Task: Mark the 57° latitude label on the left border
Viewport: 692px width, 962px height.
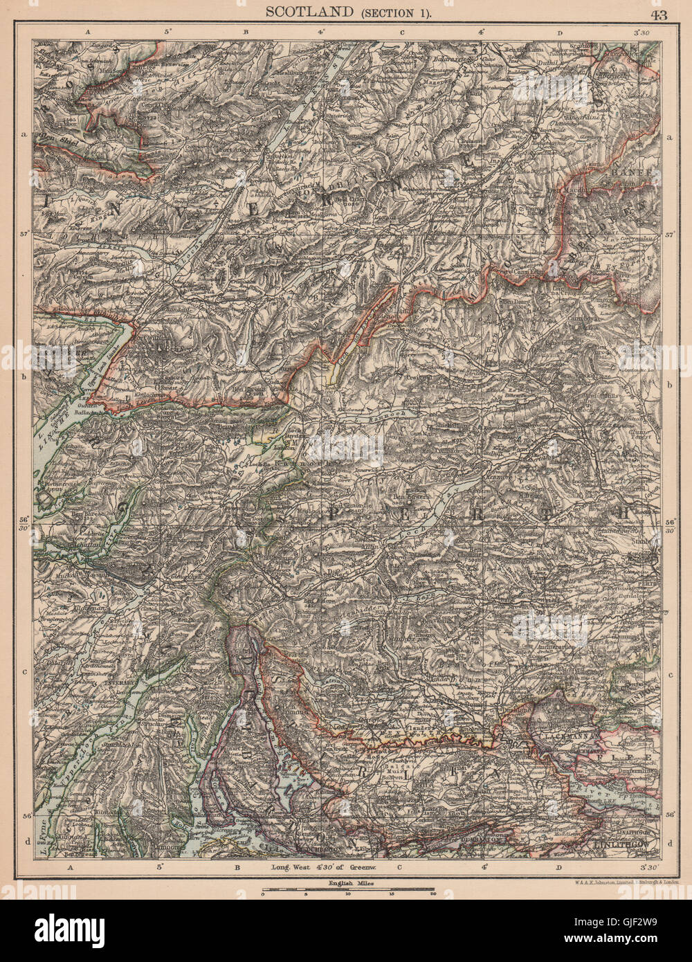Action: tap(25, 235)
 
